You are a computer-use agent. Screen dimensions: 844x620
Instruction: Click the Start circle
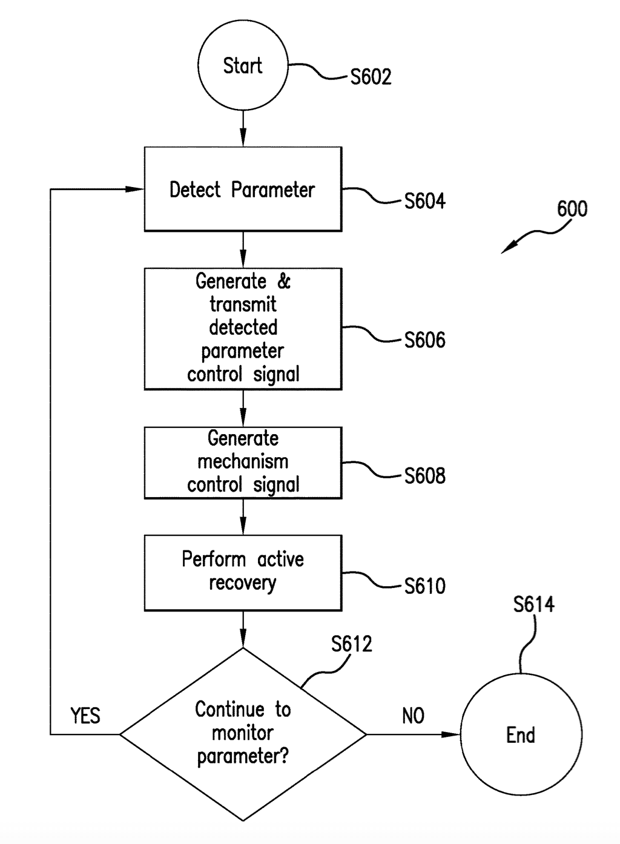click(x=243, y=66)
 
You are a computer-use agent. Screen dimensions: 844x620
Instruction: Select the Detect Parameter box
click(x=243, y=190)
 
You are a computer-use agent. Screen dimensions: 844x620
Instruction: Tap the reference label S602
click(x=371, y=77)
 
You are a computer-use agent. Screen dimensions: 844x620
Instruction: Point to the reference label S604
click(x=424, y=201)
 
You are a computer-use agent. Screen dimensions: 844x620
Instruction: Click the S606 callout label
click(x=424, y=340)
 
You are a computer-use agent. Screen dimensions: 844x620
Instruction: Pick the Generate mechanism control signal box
click(x=243, y=463)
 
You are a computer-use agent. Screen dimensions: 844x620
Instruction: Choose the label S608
click(x=424, y=476)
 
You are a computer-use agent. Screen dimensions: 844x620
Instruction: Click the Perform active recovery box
click(x=243, y=572)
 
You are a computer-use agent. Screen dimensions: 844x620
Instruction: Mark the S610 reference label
click(x=424, y=586)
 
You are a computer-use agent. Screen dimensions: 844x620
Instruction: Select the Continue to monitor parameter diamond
click(x=243, y=734)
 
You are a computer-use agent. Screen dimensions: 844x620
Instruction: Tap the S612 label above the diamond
click(x=351, y=644)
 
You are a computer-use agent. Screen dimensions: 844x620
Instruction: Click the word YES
click(x=85, y=716)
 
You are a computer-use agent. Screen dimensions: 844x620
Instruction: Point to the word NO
click(x=413, y=716)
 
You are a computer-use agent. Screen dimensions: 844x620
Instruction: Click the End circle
click(x=521, y=734)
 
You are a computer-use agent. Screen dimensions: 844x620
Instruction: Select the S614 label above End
click(x=533, y=605)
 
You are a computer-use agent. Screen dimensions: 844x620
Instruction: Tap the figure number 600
click(x=572, y=209)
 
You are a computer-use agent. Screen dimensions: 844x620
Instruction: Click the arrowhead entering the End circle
click(x=452, y=734)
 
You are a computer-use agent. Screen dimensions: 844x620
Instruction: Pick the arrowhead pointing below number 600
click(x=507, y=248)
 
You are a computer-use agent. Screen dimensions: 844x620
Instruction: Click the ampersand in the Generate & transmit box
click(x=284, y=282)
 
